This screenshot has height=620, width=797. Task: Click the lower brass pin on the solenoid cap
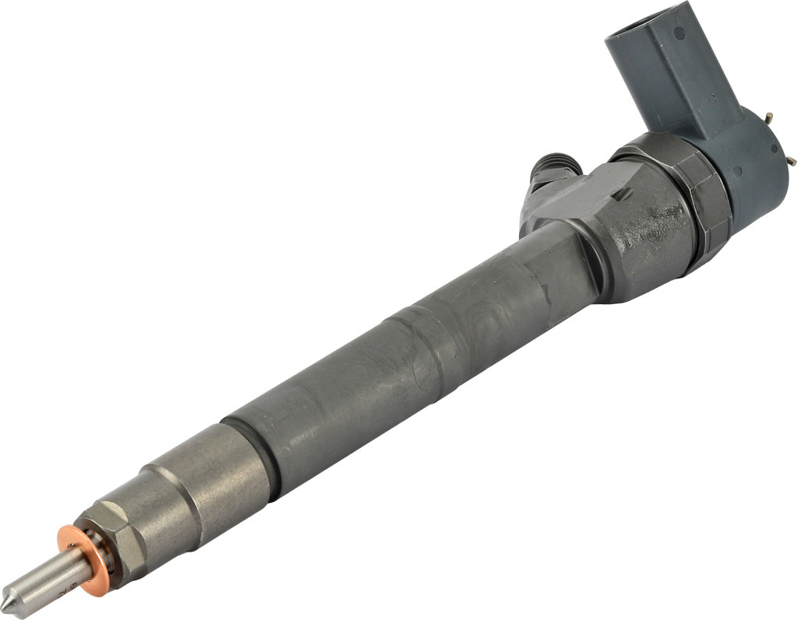790,160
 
